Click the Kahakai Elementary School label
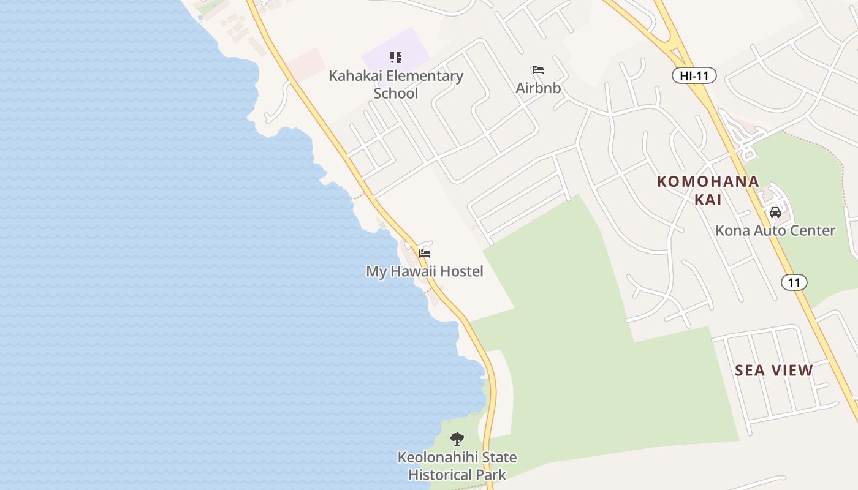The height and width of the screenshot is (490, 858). [x=396, y=85]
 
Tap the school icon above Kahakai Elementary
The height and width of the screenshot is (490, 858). [x=396, y=58]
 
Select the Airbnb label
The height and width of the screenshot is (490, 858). [x=538, y=88]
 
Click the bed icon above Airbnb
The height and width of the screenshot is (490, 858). [x=537, y=70]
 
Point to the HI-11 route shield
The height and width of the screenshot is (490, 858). [x=694, y=76]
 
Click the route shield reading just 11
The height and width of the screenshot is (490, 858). [x=794, y=282]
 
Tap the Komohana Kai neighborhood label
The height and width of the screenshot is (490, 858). [x=708, y=190]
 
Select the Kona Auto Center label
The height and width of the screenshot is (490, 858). [x=775, y=231]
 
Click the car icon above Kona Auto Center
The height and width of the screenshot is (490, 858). [x=775, y=213]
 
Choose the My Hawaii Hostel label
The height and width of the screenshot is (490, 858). [x=425, y=271]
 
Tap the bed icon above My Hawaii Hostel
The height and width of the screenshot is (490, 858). [x=425, y=253]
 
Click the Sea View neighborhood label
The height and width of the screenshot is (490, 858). [x=774, y=371]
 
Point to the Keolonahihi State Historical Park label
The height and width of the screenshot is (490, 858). [x=457, y=466]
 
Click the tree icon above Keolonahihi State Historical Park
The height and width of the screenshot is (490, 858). [x=457, y=439]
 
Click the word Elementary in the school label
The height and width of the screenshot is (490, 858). [x=422, y=76]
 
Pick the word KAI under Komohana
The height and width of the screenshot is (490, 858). [x=708, y=200]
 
